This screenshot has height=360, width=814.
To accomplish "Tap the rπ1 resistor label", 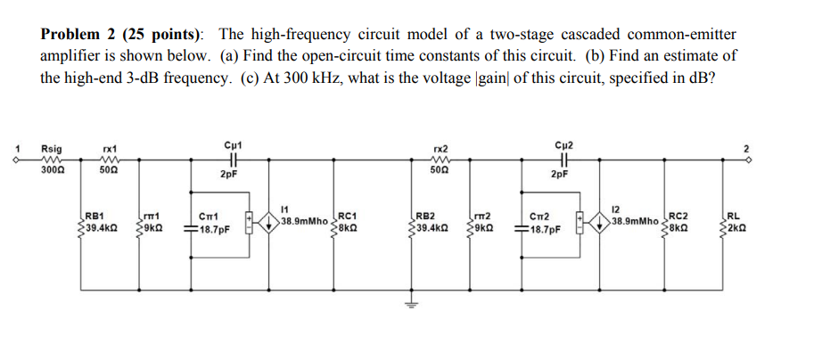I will tap(152, 215).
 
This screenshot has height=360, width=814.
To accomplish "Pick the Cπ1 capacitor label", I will tap(210, 215).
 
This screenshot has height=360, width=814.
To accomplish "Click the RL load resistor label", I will tap(733, 215).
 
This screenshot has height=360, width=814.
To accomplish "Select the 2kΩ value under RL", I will tap(736, 228).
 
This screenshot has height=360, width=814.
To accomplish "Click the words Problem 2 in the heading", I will tap(84, 34).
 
